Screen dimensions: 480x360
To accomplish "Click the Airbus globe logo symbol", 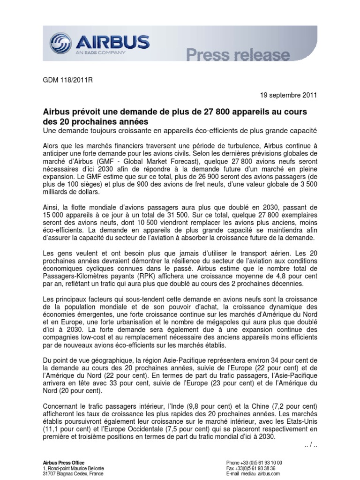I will [60, 43].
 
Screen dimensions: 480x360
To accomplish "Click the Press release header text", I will [238, 55].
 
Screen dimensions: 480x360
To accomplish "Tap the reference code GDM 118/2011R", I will [68, 80].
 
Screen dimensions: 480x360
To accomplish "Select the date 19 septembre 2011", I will [289, 95].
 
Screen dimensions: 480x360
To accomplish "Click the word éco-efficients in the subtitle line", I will [211, 129].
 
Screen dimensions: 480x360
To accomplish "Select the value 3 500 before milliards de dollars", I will [308, 184].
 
